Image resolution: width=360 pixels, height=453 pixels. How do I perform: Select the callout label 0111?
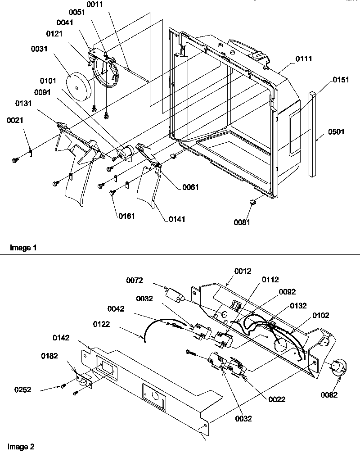[x=304, y=59]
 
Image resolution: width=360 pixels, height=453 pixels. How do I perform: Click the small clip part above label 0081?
[x=253, y=203]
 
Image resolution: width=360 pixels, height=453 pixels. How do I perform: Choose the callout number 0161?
[x=126, y=216]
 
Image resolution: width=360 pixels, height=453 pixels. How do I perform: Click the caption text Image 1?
[x=21, y=248]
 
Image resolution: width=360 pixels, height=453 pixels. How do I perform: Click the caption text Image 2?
[x=21, y=447]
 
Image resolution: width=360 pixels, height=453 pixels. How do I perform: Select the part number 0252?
[x=22, y=390]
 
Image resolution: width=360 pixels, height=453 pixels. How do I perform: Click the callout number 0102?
[x=320, y=315]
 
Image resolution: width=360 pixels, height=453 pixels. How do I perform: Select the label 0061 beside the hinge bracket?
[x=191, y=187]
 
